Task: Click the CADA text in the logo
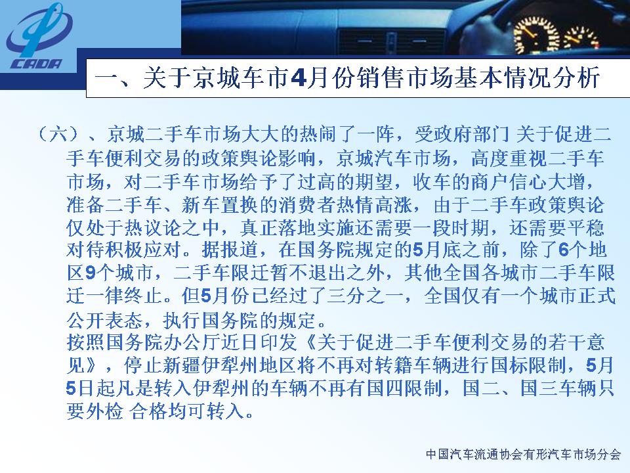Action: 37,64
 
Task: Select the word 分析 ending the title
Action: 576,78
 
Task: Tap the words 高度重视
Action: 509,158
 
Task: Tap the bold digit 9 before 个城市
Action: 91,273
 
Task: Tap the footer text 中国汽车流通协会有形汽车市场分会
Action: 523,455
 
